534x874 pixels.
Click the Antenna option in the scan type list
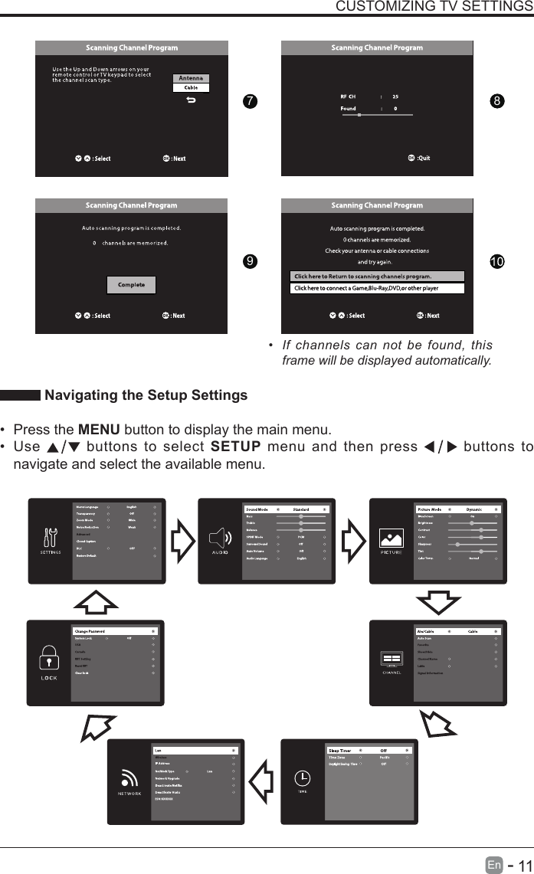pyautogui.click(x=192, y=78)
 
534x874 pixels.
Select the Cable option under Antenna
pyautogui.click(x=192, y=87)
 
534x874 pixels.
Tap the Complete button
pyautogui.click(x=131, y=285)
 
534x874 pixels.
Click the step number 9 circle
pyautogui.click(x=247, y=262)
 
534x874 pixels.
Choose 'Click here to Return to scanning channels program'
pyautogui.click(x=377, y=277)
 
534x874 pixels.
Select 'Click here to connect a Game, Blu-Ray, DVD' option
pyautogui.click(x=377, y=289)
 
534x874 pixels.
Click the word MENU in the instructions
pyautogui.click(x=97, y=428)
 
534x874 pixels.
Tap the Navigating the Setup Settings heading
pyautogui.click(x=146, y=395)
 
